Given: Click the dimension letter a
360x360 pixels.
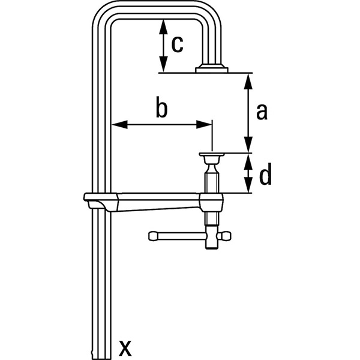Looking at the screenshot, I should [261, 112].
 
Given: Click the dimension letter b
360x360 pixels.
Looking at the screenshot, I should [161, 108].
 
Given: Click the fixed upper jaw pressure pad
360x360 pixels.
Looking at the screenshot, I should [212, 69].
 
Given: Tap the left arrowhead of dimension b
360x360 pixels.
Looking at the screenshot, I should [116, 125].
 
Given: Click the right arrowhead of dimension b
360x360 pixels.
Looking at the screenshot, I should [208, 125].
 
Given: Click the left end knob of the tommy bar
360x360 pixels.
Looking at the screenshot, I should [152, 235].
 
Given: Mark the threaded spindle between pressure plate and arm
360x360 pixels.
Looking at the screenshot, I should [212, 178].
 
